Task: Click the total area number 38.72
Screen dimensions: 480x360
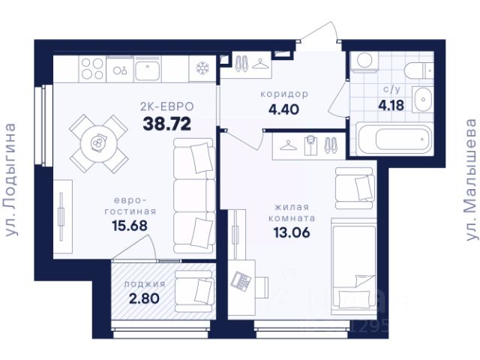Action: click(167, 124)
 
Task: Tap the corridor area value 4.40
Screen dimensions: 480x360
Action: click(283, 109)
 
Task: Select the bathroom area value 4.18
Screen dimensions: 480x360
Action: click(391, 106)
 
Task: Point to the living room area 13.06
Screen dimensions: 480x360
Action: click(292, 232)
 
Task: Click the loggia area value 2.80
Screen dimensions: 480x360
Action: click(144, 298)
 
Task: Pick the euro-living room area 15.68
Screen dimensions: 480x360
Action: click(130, 226)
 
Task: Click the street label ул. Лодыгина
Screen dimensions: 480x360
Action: click(11, 180)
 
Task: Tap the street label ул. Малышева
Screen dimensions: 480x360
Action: click(471, 180)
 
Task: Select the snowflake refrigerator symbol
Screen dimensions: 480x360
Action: click(202, 68)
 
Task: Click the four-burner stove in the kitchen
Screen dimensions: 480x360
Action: click(92, 69)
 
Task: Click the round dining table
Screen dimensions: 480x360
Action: click(98, 143)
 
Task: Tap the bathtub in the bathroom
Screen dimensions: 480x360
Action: click(395, 139)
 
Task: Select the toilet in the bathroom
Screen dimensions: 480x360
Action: click(418, 70)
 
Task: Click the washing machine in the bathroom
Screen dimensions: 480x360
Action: click(364, 61)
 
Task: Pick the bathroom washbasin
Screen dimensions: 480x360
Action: click(423, 100)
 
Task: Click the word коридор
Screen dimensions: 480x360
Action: click(284, 94)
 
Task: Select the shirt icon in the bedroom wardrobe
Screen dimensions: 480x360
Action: click(310, 145)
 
